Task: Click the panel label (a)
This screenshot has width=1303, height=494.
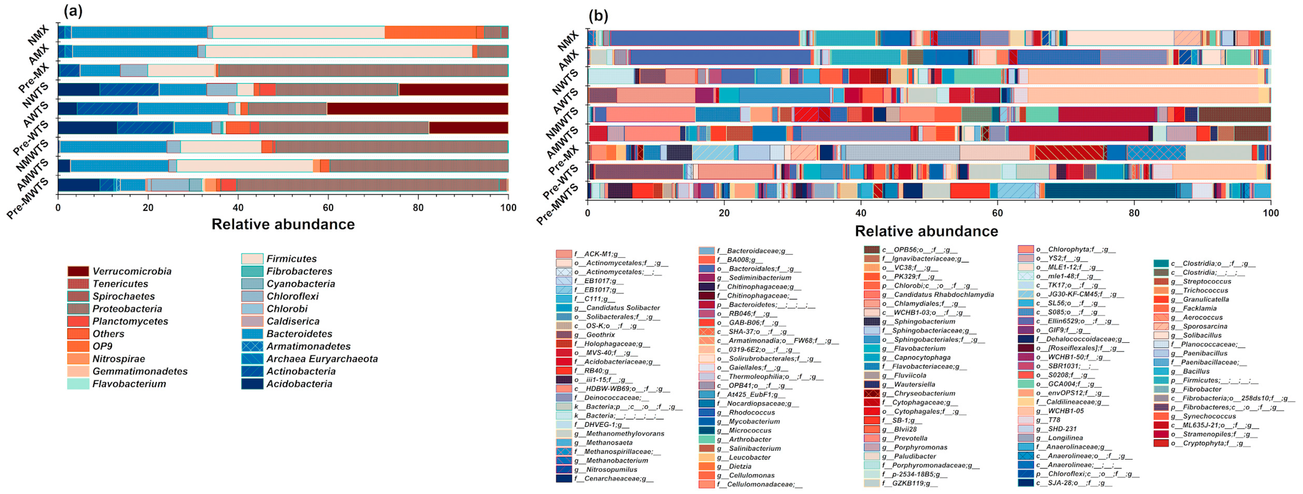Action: pyautogui.click(x=73, y=11)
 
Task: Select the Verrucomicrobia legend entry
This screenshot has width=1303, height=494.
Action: pyautogui.click(x=131, y=271)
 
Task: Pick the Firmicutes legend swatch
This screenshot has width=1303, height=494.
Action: pyautogui.click(x=252, y=259)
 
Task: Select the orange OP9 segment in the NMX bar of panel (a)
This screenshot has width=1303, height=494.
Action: pyautogui.click(x=430, y=32)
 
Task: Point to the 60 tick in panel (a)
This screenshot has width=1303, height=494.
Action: pyautogui.click(x=328, y=208)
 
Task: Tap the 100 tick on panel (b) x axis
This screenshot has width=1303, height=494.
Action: pyautogui.click(x=1270, y=213)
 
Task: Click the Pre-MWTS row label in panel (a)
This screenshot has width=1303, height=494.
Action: pyautogui.click(x=28, y=200)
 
